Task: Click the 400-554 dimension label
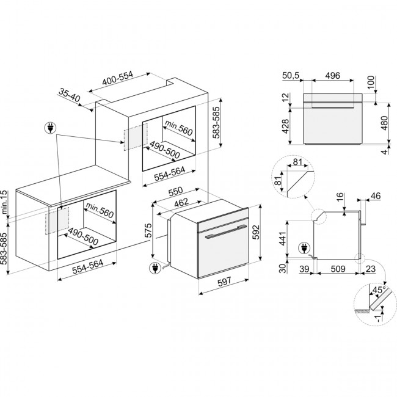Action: [117, 78]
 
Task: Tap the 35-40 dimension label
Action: [70, 95]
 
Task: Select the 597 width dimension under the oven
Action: [225, 282]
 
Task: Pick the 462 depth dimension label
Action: [181, 203]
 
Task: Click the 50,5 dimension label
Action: [291, 76]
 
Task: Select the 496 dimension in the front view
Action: [332, 76]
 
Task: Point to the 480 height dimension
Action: [385, 123]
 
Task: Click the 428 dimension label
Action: [285, 126]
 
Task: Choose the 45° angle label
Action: [379, 290]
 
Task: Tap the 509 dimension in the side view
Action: [338, 269]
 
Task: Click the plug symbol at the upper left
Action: [50, 128]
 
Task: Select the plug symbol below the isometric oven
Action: [156, 268]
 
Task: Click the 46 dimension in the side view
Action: [376, 195]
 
